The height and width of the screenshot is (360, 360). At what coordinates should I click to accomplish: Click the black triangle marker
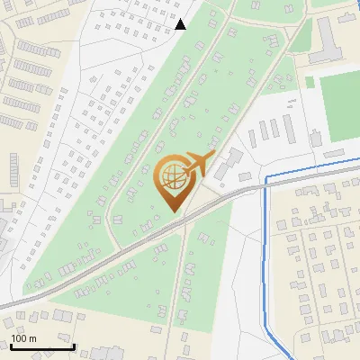tap(181, 24)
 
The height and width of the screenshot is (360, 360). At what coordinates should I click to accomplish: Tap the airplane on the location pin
tap(196, 166)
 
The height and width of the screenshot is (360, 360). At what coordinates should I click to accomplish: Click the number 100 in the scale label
tap(18, 338)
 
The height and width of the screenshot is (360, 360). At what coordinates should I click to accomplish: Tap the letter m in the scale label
tap(32, 338)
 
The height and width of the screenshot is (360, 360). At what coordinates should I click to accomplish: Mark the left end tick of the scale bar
tap(10, 346)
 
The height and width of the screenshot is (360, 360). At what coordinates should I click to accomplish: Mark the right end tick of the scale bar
tap(74, 346)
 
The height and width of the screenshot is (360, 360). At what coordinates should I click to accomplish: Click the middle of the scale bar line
tap(41, 347)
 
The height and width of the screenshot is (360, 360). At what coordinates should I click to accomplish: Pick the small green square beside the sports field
tap(310, 82)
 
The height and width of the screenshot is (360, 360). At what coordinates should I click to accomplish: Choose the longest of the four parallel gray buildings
tap(290, 130)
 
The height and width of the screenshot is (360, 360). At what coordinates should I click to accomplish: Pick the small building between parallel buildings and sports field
tap(315, 138)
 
